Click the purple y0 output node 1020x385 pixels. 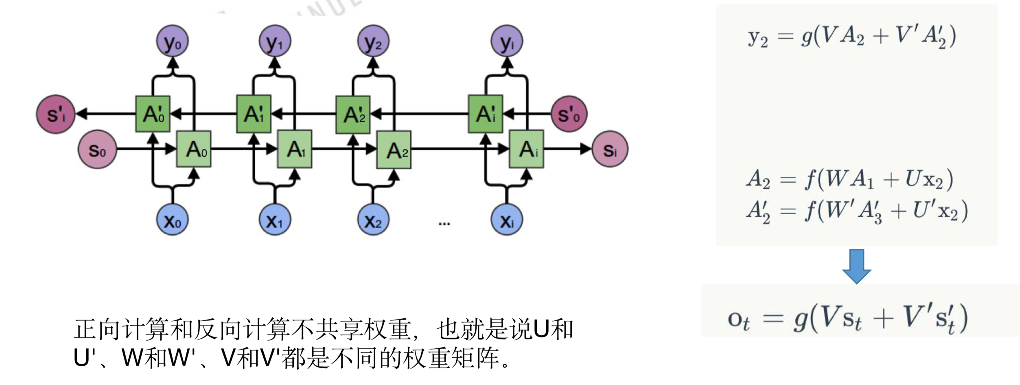[x=173, y=41]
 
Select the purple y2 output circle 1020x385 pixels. [x=373, y=41]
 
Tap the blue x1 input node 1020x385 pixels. [x=275, y=220]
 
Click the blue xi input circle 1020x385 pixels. [x=506, y=220]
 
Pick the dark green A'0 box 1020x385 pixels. [x=153, y=114]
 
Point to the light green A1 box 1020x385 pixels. [x=295, y=149]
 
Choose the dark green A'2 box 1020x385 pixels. [x=353, y=114]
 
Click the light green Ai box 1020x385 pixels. [x=527, y=149]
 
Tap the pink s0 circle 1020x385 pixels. [x=97, y=150]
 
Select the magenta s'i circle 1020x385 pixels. [x=56, y=114]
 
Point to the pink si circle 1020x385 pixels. [x=610, y=150]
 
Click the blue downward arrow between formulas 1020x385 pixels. [x=856, y=266]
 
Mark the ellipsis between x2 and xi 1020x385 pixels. [x=444, y=223]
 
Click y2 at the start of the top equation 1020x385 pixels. [x=757, y=38]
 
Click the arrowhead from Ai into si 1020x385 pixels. [x=585, y=149]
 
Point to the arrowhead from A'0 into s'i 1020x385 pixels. [x=82, y=114]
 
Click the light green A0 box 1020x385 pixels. [x=194, y=149]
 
